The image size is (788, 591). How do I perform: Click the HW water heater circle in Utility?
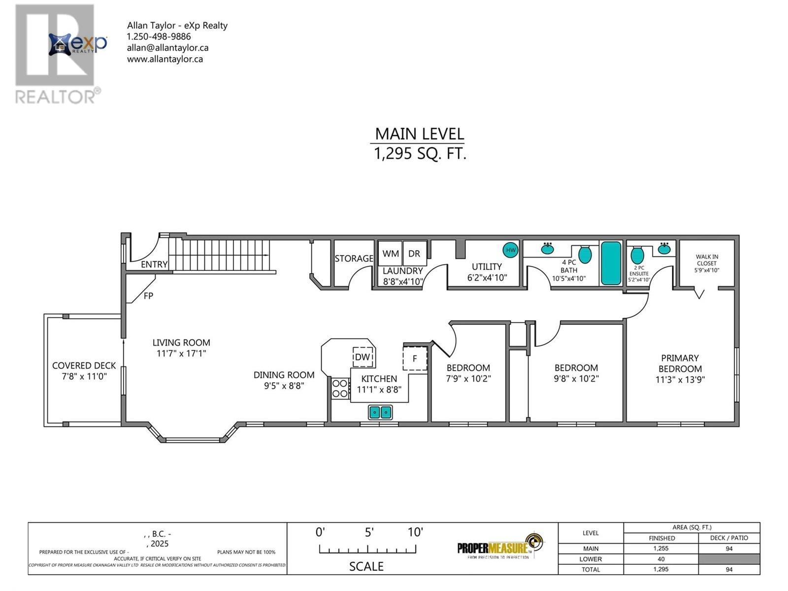pyautogui.click(x=511, y=250)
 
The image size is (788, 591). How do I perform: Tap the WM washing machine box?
pyautogui.click(x=391, y=254)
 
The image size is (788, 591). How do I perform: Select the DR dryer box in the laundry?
pyautogui.click(x=415, y=254)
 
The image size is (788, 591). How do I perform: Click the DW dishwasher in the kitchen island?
pyautogui.click(x=362, y=357)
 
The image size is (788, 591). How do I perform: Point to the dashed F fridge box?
pyautogui.click(x=415, y=358)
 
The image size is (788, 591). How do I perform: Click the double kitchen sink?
pyautogui.click(x=380, y=412)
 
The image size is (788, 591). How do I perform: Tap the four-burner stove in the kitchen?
pyautogui.click(x=340, y=388)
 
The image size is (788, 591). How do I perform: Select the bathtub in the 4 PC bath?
pyautogui.click(x=611, y=263)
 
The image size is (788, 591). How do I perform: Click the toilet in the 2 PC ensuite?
pyautogui.click(x=638, y=256)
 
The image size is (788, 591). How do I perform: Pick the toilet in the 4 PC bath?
pyautogui.click(x=585, y=254)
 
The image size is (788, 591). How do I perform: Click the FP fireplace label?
pyautogui.click(x=148, y=296)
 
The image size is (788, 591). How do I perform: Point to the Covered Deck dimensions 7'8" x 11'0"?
pyautogui.click(x=84, y=376)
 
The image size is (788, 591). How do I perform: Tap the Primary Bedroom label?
pyautogui.click(x=680, y=363)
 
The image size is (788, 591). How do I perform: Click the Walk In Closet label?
pyautogui.click(x=706, y=260)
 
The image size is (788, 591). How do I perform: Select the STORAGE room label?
pyautogui.click(x=354, y=258)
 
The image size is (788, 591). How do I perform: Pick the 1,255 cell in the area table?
pyautogui.click(x=661, y=549)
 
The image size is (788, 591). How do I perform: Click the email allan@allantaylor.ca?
pyautogui.click(x=167, y=48)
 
